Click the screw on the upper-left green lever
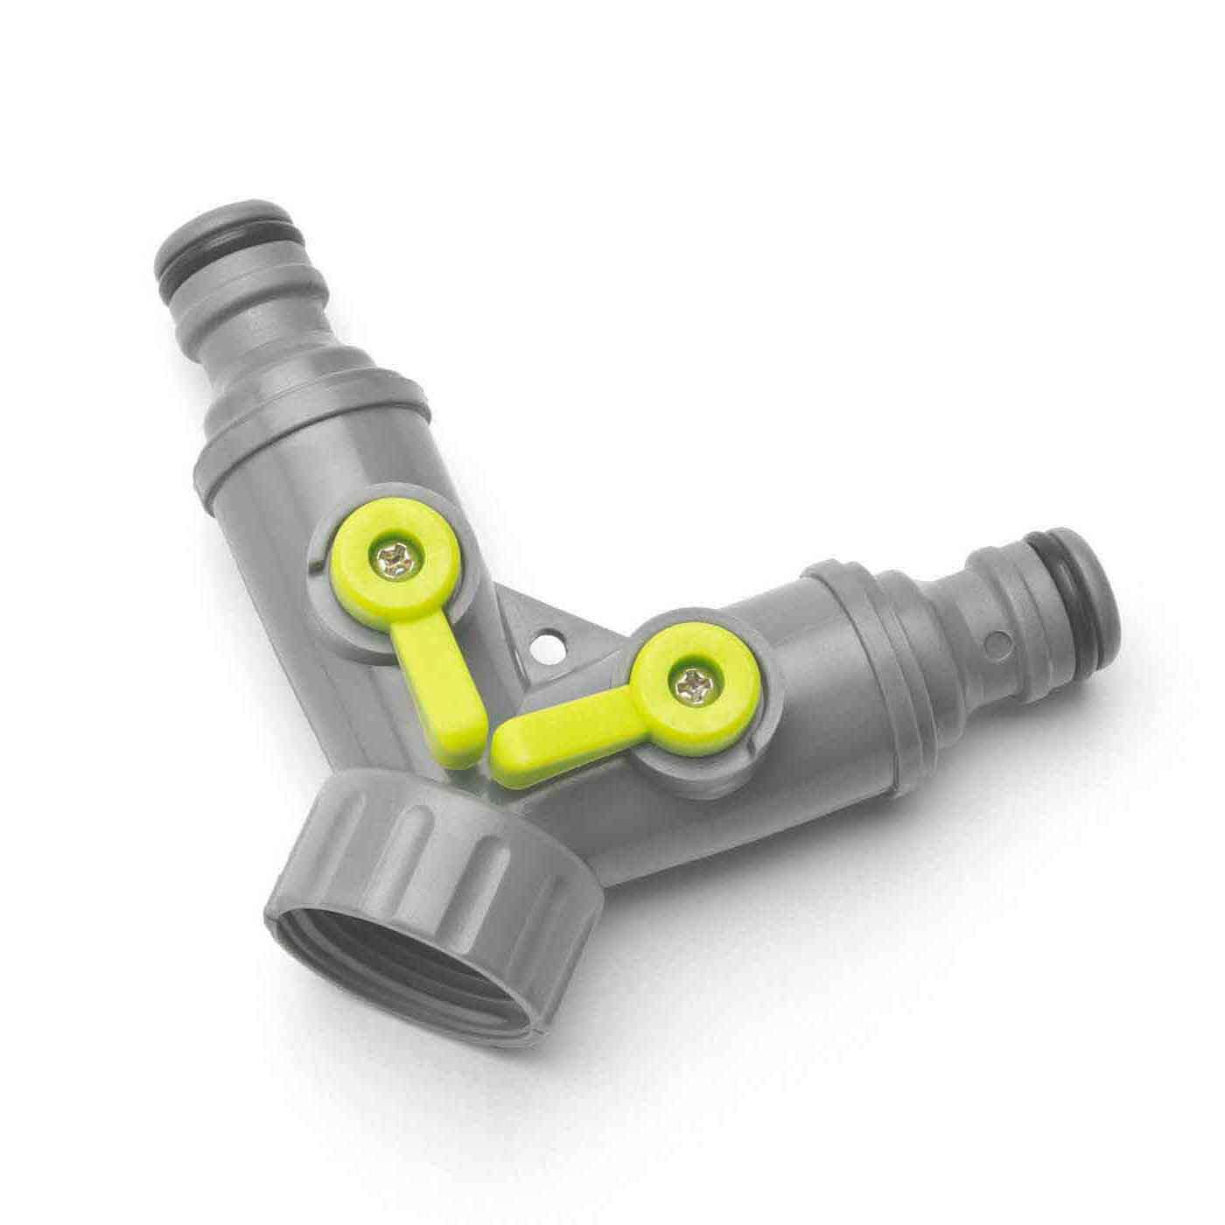point(387,554)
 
